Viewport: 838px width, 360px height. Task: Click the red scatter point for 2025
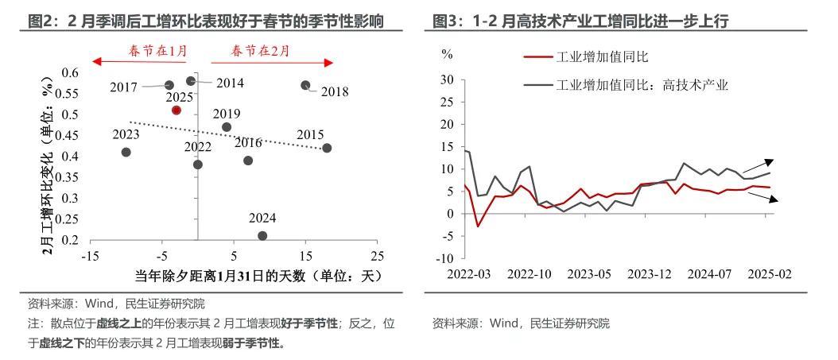pos(177,110)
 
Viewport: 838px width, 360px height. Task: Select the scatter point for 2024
pos(262,235)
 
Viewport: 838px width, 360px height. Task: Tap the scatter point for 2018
pos(305,85)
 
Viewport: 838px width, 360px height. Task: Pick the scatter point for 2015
pos(327,148)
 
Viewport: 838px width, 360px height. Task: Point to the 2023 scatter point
pos(126,152)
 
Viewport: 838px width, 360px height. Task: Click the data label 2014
pos(230,83)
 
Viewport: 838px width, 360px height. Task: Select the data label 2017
pos(124,86)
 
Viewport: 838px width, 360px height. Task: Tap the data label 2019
pos(227,114)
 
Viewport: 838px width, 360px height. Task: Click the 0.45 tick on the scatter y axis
pos(71,135)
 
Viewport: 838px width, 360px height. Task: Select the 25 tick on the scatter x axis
pos(377,256)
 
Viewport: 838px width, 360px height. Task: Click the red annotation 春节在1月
pos(158,52)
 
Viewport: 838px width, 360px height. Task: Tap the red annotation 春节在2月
pos(260,52)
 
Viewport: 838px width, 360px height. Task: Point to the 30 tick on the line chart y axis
pos(447,80)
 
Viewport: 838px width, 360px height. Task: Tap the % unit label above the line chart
pos(447,55)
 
